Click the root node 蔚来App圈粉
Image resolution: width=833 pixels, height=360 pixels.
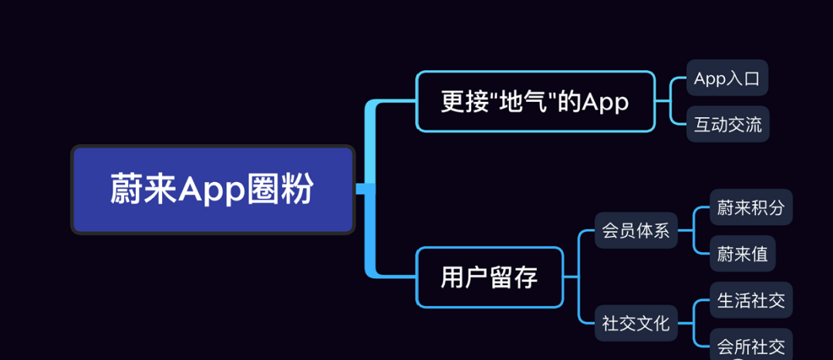click(212, 190)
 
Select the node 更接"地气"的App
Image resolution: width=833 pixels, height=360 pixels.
click(535, 101)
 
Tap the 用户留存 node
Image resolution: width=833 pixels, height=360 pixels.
click(489, 278)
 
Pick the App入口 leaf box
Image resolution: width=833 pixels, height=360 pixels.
click(727, 78)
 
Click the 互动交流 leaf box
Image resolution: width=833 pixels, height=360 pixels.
click(727, 124)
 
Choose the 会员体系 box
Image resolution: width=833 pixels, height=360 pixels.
click(636, 230)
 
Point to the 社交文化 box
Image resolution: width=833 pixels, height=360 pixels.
click(636, 323)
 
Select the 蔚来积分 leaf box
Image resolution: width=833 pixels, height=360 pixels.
click(750, 207)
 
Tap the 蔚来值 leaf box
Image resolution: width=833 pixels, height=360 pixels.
click(742, 254)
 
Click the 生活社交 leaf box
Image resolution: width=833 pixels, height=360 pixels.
click(750, 300)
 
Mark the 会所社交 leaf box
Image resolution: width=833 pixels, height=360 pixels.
click(750, 346)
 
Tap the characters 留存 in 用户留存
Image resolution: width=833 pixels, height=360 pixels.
click(513, 278)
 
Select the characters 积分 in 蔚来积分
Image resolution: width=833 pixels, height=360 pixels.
click(767, 207)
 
